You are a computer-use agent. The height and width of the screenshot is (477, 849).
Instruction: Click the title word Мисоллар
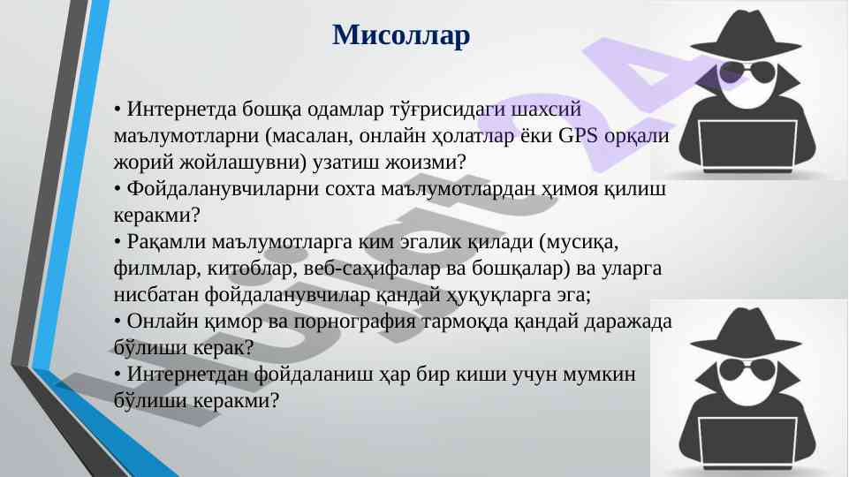401,36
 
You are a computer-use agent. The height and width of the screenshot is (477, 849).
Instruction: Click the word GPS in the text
578,135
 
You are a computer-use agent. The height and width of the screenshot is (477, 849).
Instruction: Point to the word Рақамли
167,241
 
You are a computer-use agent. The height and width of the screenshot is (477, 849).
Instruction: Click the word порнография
354,322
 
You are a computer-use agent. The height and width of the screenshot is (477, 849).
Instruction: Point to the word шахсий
546,110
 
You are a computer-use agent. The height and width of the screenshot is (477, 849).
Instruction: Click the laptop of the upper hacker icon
747,146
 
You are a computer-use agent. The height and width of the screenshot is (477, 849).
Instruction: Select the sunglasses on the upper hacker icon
747,72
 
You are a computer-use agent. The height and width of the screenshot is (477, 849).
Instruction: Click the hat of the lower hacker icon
747,331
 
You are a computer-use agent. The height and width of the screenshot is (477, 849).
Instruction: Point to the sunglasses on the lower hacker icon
747,370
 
